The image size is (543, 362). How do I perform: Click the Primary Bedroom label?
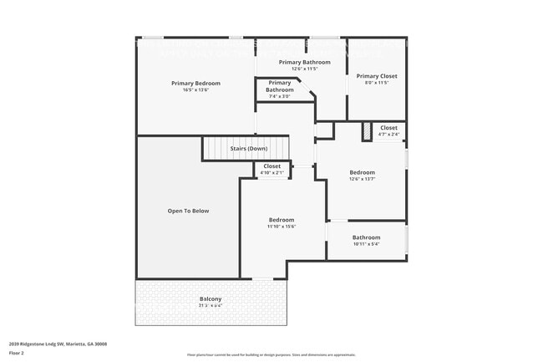coord(195,83)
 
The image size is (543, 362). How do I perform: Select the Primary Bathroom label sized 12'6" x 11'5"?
coord(304,62)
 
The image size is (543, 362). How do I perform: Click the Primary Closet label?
coord(377,76)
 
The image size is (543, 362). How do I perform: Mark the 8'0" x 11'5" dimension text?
coord(377,83)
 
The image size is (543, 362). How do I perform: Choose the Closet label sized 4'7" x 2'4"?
coord(388,128)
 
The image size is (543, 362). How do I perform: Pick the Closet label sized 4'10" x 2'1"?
coord(271,166)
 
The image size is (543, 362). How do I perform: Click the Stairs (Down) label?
coord(248,149)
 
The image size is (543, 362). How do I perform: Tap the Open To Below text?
coord(188,211)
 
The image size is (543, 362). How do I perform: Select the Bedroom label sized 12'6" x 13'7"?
coord(362,172)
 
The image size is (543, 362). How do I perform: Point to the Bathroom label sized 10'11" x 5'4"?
coord(366,237)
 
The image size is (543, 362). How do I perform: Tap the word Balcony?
coord(211,299)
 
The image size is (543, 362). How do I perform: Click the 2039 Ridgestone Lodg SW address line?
coord(58,344)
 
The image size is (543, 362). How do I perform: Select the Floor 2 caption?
coord(18,353)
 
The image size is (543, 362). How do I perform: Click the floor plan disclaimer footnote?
coord(271,355)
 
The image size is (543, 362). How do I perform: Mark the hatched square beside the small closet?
coord(366,131)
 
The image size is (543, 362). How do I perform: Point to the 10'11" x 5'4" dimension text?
coord(366,244)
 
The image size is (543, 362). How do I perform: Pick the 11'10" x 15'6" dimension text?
coord(282,226)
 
